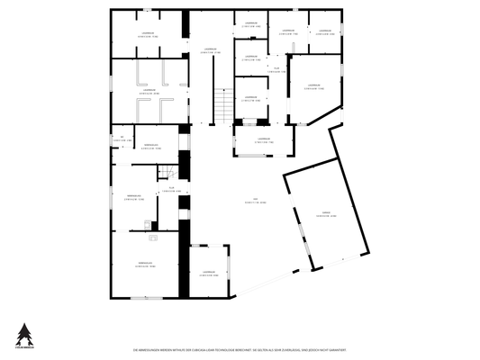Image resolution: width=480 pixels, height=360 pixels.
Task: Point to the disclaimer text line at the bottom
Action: coord(240,347)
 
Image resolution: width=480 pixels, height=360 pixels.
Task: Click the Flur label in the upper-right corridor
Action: coord(276,68)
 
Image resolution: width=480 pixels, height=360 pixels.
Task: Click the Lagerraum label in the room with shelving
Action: coord(147,90)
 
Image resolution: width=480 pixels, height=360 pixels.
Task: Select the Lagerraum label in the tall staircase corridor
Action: coord(211,50)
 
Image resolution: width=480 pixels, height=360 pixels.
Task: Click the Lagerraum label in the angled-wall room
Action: coord(314,87)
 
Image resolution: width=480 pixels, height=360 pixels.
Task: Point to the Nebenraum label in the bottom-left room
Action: coord(147,264)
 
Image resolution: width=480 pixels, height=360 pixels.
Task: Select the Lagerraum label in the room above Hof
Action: coord(263,139)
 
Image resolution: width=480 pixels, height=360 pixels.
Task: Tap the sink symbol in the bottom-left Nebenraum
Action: coord(153,240)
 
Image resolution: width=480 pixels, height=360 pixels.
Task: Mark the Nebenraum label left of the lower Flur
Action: coord(135,197)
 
